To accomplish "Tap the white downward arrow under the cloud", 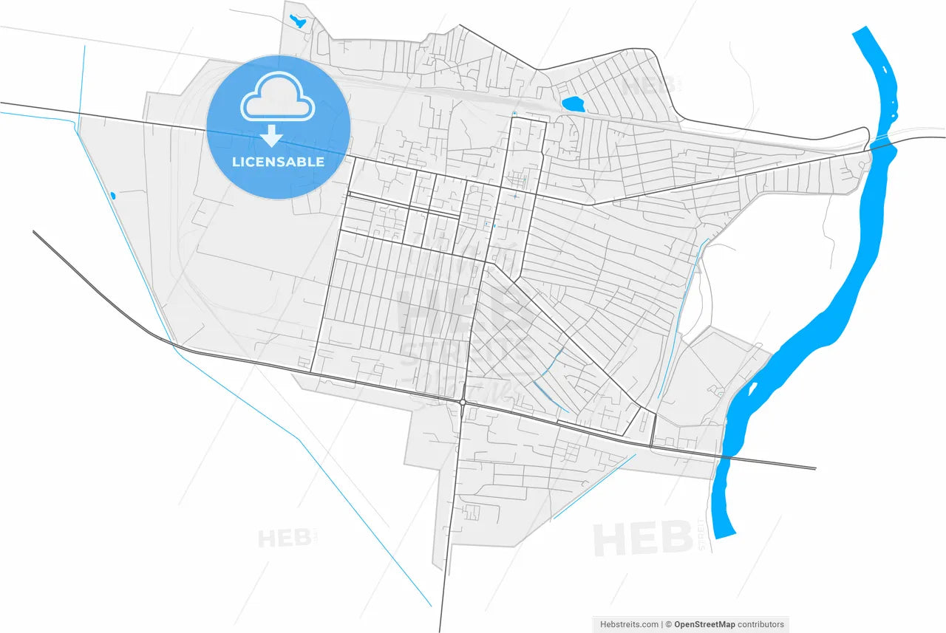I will (273, 136).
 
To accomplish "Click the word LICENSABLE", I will (278, 162).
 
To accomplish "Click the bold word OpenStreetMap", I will (709, 624).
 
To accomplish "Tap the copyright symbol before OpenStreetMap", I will (669, 624).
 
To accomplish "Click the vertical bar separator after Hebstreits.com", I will (662, 624).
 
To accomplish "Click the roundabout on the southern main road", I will (462, 403).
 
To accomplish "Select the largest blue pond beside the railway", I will (572, 104).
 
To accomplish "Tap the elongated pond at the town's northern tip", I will (298, 21).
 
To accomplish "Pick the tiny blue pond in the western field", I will (112, 196).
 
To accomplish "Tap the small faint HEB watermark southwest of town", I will (284, 538).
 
